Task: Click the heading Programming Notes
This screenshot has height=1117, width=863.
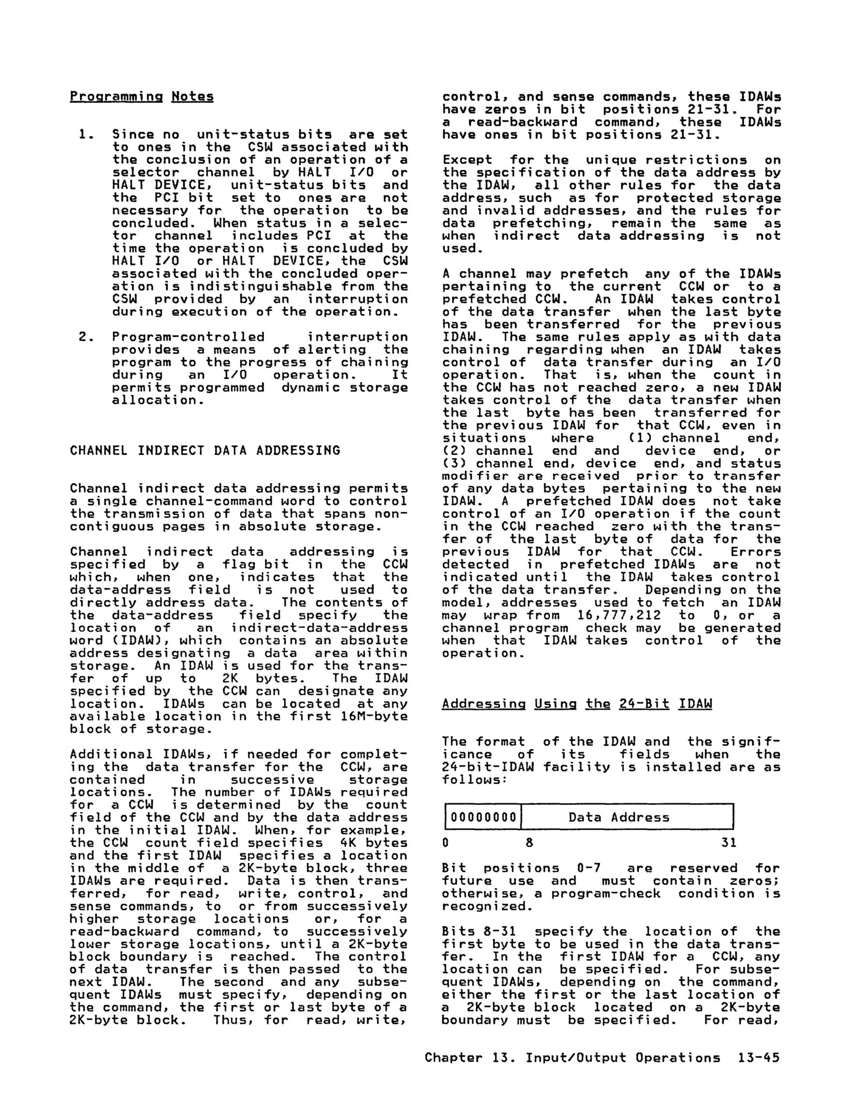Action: (x=142, y=96)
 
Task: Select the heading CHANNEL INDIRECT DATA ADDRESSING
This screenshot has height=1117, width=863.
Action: (x=205, y=450)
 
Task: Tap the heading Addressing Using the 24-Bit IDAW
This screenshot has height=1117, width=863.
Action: (x=577, y=704)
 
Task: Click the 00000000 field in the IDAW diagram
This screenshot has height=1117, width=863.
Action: (x=483, y=817)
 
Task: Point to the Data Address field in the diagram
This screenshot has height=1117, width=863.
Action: (x=619, y=817)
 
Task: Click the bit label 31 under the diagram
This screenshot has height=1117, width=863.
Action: (x=729, y=842)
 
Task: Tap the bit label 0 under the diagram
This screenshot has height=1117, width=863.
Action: (x=446, y=842)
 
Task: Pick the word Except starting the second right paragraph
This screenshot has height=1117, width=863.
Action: (x=467, y=160)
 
